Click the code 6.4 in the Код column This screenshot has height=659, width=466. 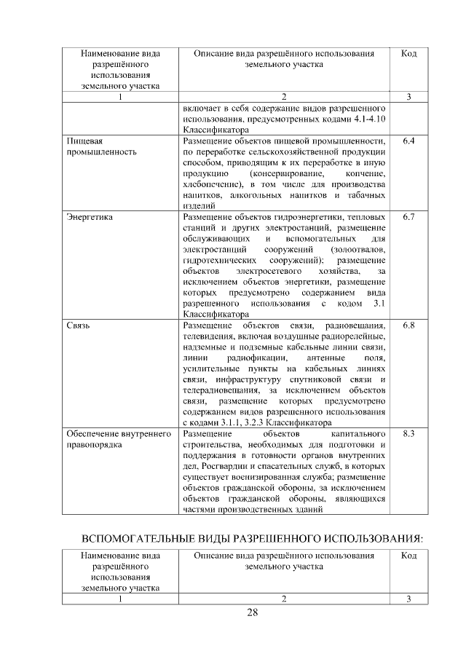(x=408, y=140)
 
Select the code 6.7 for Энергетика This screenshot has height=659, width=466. (x=408, y=217)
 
